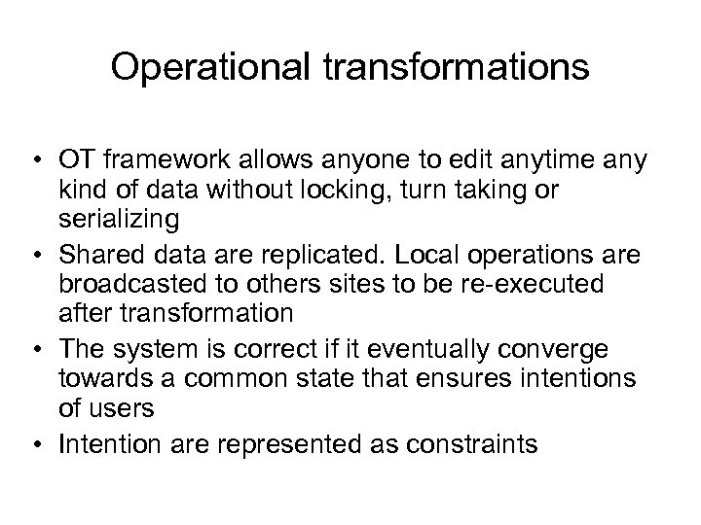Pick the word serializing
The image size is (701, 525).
(119, 221)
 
